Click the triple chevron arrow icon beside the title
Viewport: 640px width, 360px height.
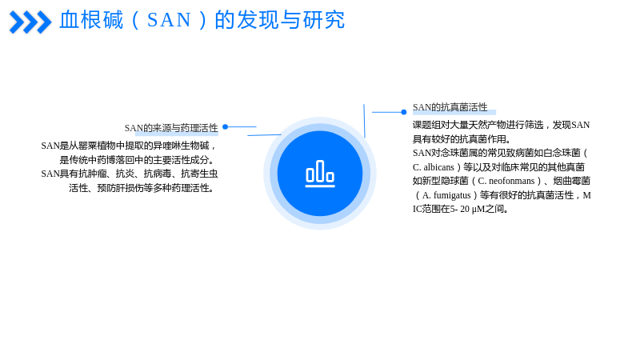coord(30,22)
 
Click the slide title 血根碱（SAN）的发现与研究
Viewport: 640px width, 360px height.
coord(202,20)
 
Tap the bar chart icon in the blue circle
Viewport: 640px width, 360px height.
coord(320,174)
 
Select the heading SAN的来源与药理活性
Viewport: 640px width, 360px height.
coord(171,128)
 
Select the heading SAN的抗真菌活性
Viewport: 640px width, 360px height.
coord(450,107)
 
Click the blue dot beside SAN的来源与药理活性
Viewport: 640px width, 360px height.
coord(226,127)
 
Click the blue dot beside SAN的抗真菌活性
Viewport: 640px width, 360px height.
coord(404,112)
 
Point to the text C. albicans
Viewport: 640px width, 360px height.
coord(434,167)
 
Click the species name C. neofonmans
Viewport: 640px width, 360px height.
coord(506,181)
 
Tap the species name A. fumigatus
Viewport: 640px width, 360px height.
coord(446,195)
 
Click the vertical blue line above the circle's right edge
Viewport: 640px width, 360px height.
coord(365,121)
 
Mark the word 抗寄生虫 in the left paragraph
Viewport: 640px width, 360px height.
coord(199,174)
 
